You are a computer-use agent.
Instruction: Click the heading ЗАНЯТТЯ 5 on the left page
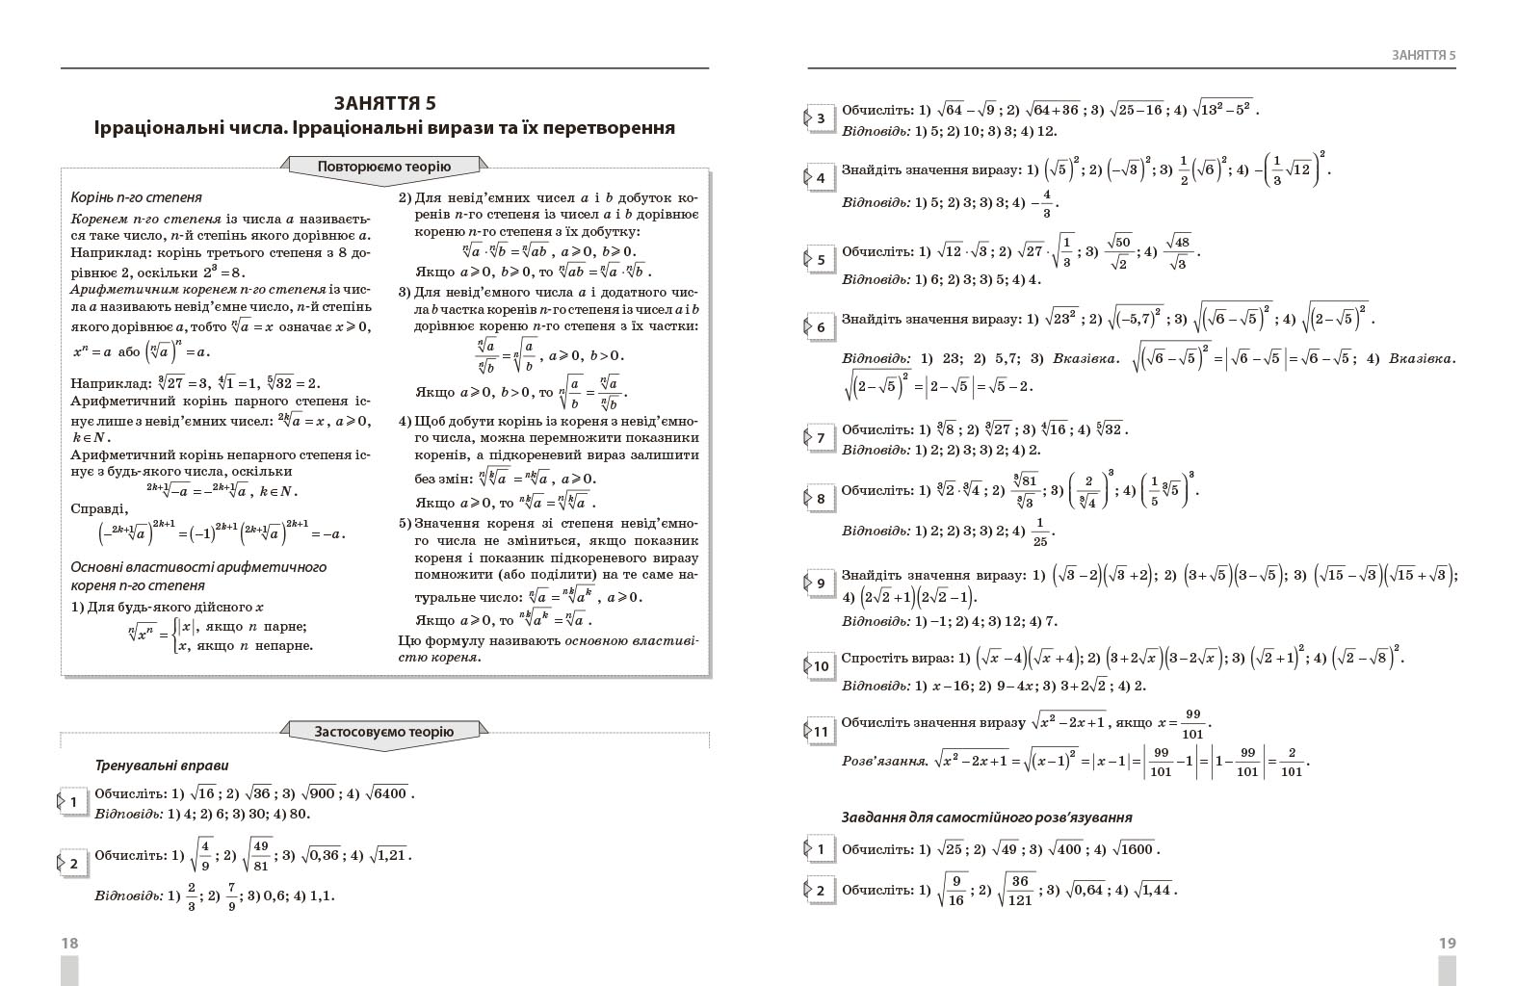(x=384, y=103)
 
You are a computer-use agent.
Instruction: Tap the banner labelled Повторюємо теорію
(x=384, y=167)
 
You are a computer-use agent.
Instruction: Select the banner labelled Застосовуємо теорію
(x=384, y=732)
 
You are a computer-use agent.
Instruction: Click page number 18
(x=69, y=944)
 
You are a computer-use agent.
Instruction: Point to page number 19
(x=1447, y=944)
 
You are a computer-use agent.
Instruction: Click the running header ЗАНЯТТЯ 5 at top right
(x=1424, y=55)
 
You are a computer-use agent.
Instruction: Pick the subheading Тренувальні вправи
(x=162, y=766)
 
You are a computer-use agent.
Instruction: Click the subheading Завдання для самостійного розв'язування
(x=986, y=817)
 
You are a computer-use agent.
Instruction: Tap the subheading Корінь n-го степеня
(x=136, y=197)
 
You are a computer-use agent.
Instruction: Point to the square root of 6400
(x=390, y=793)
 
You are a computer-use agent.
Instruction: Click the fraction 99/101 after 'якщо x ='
(x=1193, y=723)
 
